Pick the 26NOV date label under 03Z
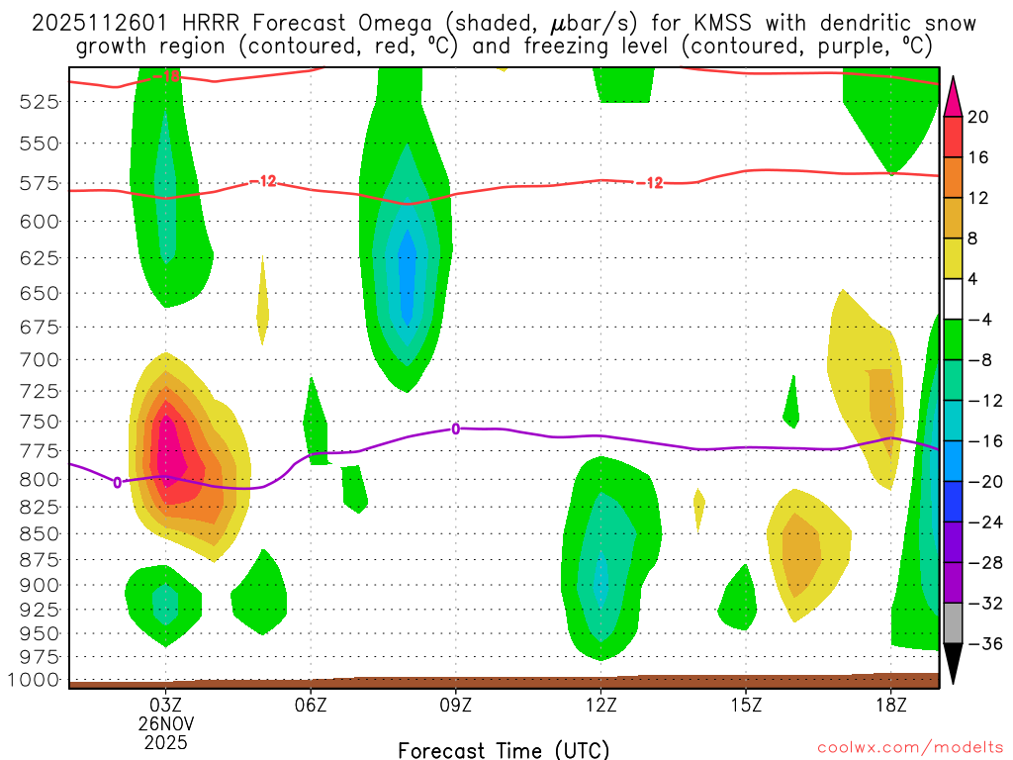click(165, 722)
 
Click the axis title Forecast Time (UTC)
click(504, 749)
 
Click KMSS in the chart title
click(673, 23)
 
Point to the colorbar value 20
click(978, 117)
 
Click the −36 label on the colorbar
click(983, 644)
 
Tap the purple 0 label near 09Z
click(455, 428)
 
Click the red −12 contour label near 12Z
click(651, 183)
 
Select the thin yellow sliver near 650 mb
click(262, 312)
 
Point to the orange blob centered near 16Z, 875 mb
click(800, 549)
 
